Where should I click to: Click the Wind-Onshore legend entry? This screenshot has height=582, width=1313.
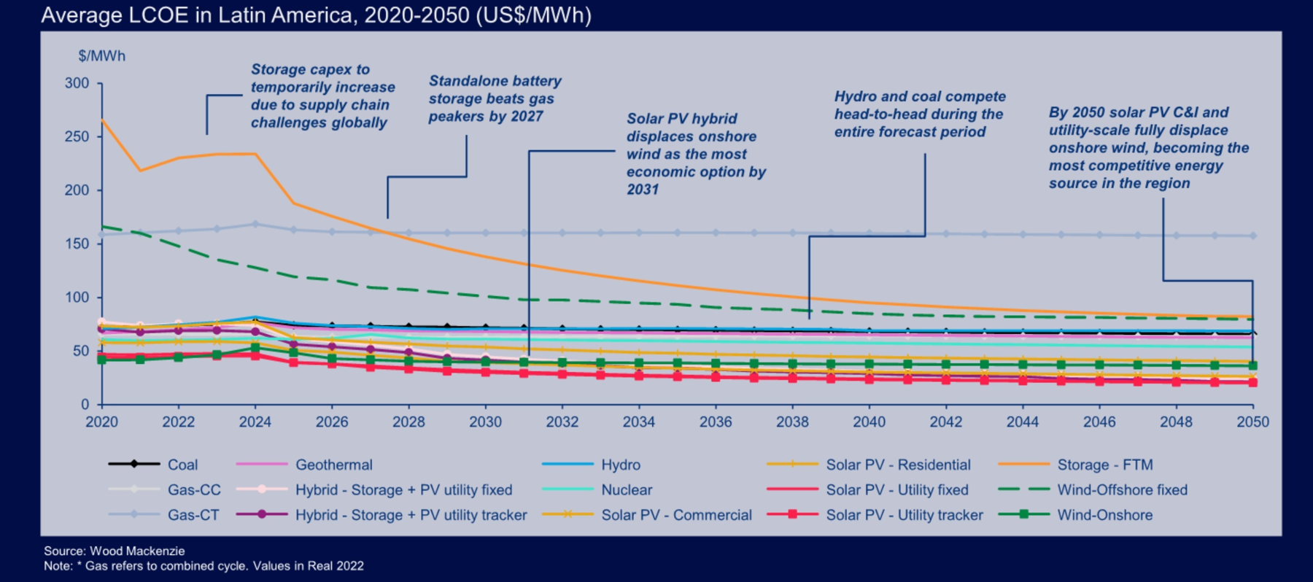coord(1104,515)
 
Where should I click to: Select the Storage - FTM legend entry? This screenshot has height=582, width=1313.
coord(1104,465)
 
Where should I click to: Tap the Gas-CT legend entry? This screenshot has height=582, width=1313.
coord(193,515)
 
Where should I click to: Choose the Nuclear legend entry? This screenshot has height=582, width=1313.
coord(626,490)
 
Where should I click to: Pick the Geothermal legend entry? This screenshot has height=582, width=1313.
coord(333,465)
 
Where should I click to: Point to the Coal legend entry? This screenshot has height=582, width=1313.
coord(182,465)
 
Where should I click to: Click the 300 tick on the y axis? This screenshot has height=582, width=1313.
coord(77,83)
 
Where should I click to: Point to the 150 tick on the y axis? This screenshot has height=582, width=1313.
coord(77,244)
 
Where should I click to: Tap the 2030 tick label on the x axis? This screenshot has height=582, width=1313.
coord(485,422)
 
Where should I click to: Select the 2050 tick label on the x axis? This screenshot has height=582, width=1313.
coord(1252,422)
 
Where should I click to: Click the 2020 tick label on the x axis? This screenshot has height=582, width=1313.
coord(101,422)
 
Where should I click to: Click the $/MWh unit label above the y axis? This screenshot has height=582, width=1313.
coord(102,56)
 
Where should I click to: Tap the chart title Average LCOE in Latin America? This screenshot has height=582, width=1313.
coord(315,15)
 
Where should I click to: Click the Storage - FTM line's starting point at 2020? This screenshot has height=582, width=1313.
coord(102,120)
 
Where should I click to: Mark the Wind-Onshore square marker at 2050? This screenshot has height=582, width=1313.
coord(1252,365)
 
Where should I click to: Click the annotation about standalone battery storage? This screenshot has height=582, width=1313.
coord(494,98)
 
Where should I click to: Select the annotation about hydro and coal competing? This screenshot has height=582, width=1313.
coord(919,115)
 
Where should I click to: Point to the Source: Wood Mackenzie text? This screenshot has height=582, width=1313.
coord(114,551)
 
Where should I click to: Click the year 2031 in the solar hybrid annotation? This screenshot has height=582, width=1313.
coord(643,190)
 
